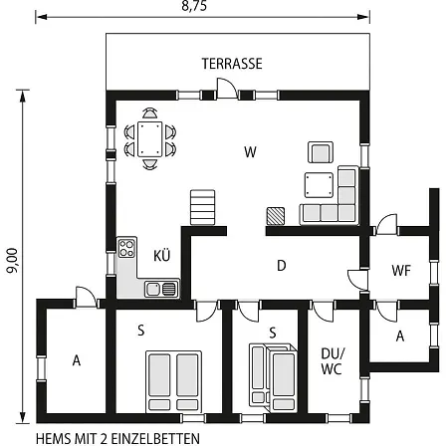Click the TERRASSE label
pyautogui.click(x=232, y=64)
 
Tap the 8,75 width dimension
pyautogui.click(x=194, y=6)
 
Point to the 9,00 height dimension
pyautogui.click(x=12, y=261)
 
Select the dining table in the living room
pyautogui.click(x=149, y=139)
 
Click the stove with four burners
pyautogui.click(x=126, y=248)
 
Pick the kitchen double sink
pyautogui.click(x=161, y=289)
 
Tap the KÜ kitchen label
pyautogui.click(x=162, y=256)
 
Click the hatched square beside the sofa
pyautogui.click(x=276, y=216)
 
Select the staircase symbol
pyautogui.click(x=202, y=207)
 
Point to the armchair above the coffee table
pyautogui.click(x=321, y=152)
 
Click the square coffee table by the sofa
pyautogui.click(x=319, y=185)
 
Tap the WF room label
pyautogui.click(x=401, y=271)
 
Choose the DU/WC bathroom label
pyautogui.click(x=333, y=361)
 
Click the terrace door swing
pyautogui.click(x=227, y=89)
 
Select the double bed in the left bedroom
pyautogui.click(x=173, y=381)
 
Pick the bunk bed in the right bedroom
pyautogui.click(x=273, y=377)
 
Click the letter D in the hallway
pyautogui.click(x=282, y=266)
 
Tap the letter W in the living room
pyautogui.click(x=250, y=152)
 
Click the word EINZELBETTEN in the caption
pyautogui.click(x=155, y=439)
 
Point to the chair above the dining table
pyautogui.click(x=150, y=113)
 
